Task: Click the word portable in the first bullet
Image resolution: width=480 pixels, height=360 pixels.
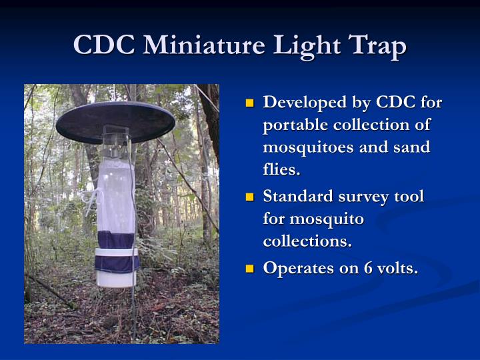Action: click(x=295, y=125)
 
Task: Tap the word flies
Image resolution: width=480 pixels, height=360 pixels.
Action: click(x=281, y=169)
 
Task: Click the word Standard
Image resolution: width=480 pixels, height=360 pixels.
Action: click(x=298, y=197)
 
